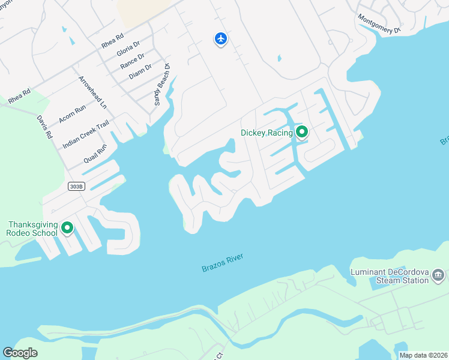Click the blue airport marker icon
click(221, 39)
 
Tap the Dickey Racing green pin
click(301, 132)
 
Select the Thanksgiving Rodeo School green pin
click(67, 228)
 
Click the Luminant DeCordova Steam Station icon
click(439, 275)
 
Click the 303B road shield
click(76, 187)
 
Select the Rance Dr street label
click(132, 61)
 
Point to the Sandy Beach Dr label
click(162, 85)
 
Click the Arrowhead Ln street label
click(92, 92)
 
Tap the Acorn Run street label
click(73, 113)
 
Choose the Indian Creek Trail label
click(86, 134)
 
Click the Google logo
click(20, 353)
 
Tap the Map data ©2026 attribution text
click(423, 355)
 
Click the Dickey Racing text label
click(266, 133)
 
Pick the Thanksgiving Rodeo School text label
click(32, 229)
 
